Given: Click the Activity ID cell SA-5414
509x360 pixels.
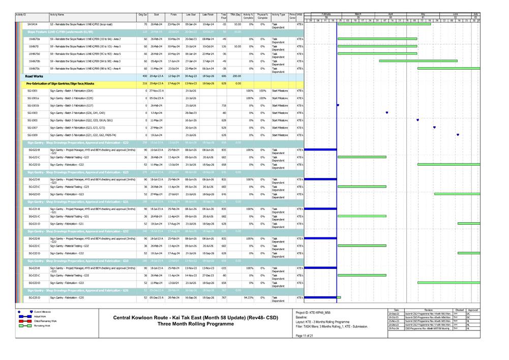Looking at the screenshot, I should tap(32, 24).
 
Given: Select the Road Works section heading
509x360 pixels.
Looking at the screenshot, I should tap(35, 76).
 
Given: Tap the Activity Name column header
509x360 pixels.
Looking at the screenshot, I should tap(57, 16).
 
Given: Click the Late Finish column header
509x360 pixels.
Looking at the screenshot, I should tap(207, 16).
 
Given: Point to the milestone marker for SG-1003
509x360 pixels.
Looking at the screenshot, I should tap(387, 113).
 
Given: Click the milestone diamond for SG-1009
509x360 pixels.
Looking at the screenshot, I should tap(458, 135).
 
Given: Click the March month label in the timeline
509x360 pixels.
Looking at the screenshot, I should tap(357, 14).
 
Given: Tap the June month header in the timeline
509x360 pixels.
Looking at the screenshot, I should tap(455, 14).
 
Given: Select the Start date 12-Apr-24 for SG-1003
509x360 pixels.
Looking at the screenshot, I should tap(156, 113).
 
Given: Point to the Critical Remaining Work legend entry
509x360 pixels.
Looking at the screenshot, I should tap(45, 321).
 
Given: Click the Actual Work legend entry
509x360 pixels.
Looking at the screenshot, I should tap(40, 316).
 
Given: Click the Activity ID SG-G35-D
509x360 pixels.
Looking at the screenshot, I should tap(35, 297).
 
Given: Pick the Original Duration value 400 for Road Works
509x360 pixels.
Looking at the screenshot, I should tap(144, 76).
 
